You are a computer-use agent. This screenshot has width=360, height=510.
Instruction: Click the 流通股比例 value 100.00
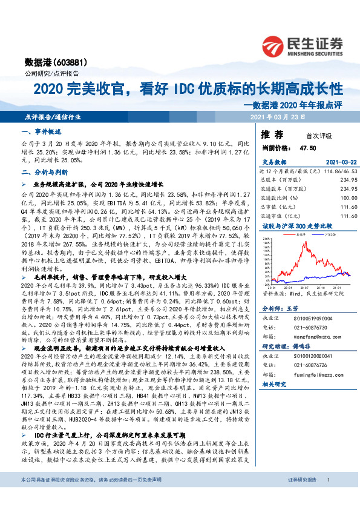340,197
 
